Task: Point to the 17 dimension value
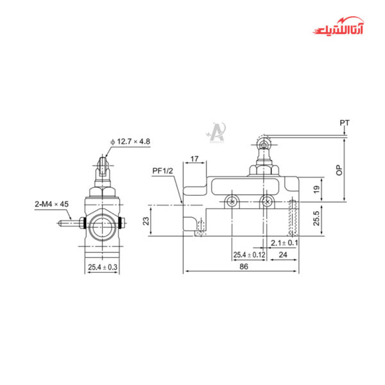coord(194,158)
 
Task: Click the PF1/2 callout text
coord(163,171)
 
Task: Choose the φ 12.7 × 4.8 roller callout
coord(131,141)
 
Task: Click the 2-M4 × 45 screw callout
coord(51,204)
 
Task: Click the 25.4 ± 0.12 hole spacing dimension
coord(249,255)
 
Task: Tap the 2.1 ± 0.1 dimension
coord(284,243)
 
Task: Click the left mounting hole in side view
coord(232,202)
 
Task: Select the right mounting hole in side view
coord(266,202)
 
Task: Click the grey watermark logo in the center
coord(214,132)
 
